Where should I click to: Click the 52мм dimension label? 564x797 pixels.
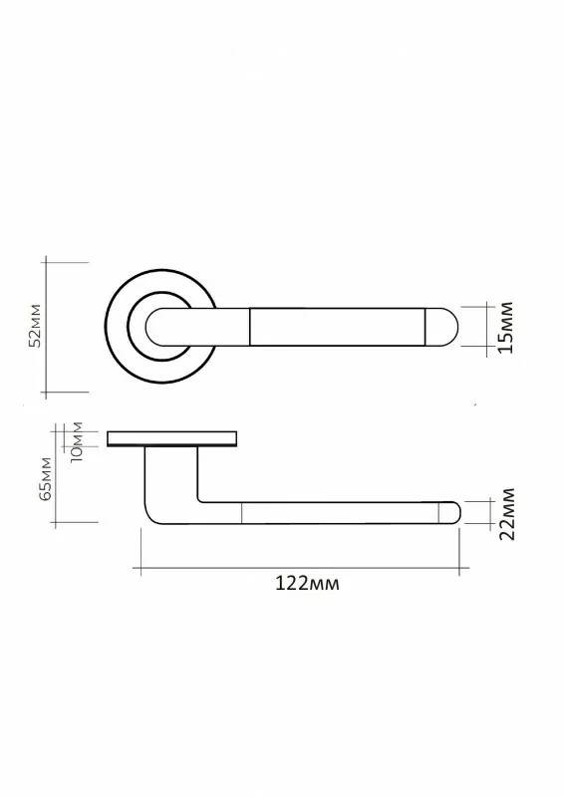36,326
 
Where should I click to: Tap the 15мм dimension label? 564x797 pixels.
506,328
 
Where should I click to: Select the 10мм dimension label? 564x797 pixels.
78,441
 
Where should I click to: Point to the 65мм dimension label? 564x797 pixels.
45,479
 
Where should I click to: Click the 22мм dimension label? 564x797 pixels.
507,514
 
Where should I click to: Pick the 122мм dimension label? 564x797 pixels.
307,583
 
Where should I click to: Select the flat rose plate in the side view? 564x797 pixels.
172,439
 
